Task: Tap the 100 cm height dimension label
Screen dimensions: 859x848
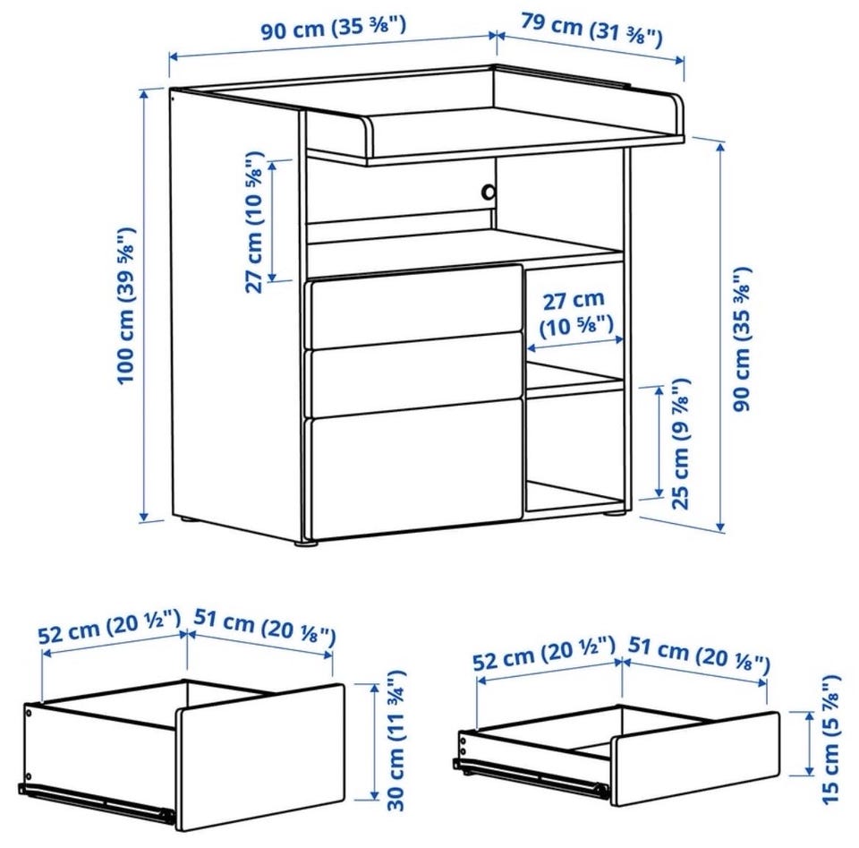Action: pyautogui.click(x=126, y=305)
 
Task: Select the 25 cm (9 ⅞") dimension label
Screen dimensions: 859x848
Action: pyautogui.click(x=680, y=444)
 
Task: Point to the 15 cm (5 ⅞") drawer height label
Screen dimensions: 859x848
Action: pyautogui.click(x=830, y=739)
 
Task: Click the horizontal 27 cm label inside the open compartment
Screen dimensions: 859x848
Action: pyautogui.click(x=575, y=313)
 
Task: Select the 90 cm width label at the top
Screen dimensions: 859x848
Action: pyautogui.click(x=333, y=29)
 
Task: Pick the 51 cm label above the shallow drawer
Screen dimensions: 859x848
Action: pyautogui.click(x=699, y=654)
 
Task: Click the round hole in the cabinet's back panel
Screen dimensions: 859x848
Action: pyautogui.click(x=488, y=192)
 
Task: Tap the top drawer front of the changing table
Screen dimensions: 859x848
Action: pyautogui.click(x=416, y=306)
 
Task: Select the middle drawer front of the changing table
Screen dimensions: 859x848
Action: pyautogui.click(x=416, y=374)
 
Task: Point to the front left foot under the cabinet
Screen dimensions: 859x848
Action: pyautogui.click(x=306, y=544)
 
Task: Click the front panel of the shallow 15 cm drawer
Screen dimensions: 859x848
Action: pyautogui.click(x=695, y=758)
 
